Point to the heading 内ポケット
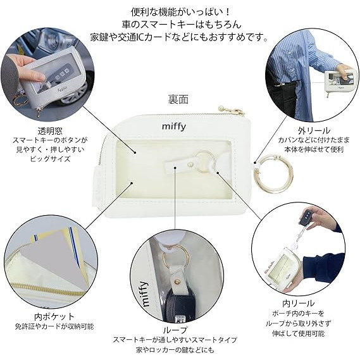54,316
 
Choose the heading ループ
179,330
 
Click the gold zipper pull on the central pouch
239,112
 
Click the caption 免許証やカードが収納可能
54,326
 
